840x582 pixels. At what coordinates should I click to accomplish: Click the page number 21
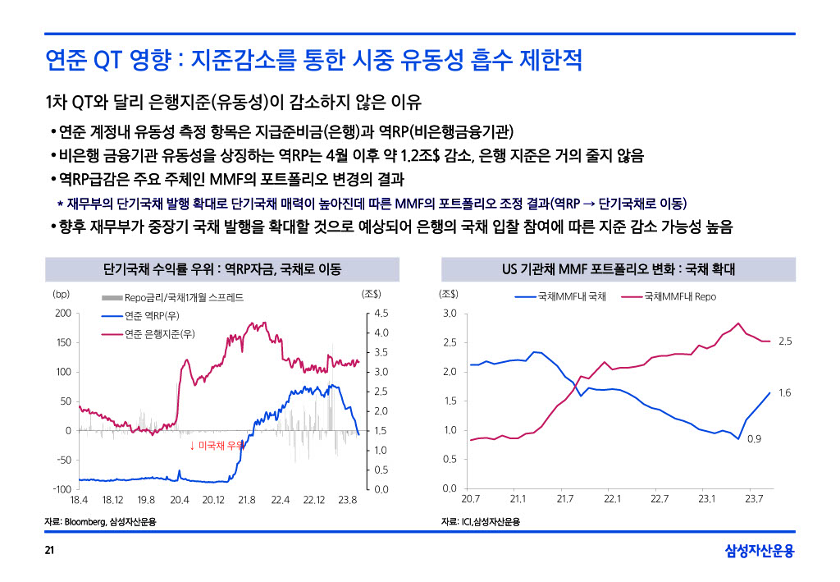point(49,550)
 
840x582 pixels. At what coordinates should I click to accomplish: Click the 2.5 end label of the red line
point(785,341)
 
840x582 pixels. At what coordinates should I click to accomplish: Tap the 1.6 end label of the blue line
point(785,393)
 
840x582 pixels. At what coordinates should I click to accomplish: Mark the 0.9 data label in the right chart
point(755,439)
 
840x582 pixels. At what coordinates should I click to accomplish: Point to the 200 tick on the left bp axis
point(62,313)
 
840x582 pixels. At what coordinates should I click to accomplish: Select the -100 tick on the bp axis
point(61,489)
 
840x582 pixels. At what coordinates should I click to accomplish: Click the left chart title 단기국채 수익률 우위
point(222,269)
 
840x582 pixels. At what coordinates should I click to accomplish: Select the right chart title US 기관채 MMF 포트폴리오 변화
point(619,269)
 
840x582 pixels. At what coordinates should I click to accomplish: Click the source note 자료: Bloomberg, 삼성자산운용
point(101,522)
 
